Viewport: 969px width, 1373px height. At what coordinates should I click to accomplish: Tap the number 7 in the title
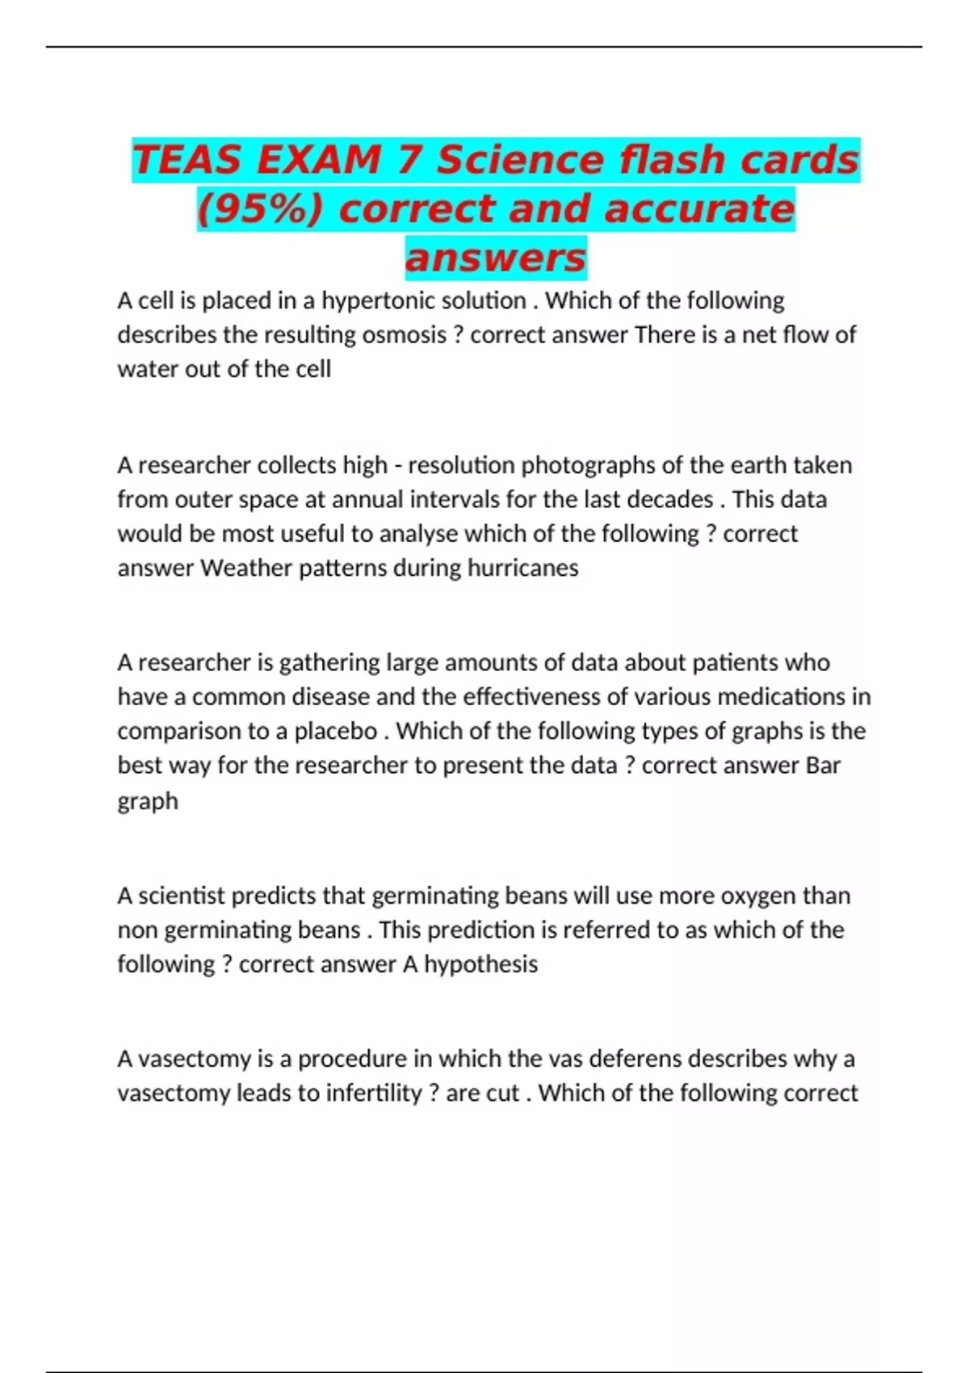[x=409, y=159]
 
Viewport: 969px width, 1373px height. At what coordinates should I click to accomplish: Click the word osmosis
[x=403, y=335]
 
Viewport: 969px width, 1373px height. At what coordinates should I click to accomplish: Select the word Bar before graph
[x=823, y=766]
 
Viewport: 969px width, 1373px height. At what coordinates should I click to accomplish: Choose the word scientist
[x=182, y=896]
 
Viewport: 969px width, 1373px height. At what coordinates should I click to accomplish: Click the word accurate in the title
[x=699, y=208]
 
